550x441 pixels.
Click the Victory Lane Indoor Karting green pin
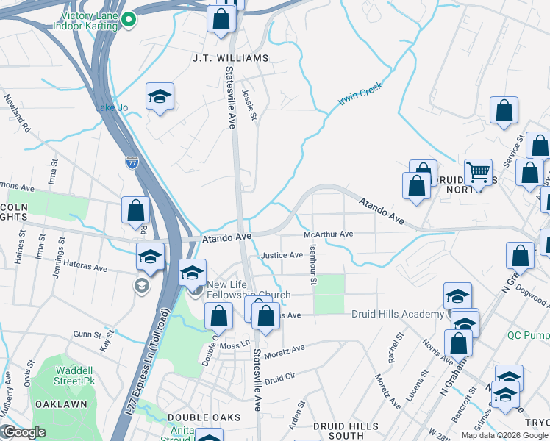(129, 20)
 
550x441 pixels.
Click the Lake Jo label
(111, 107)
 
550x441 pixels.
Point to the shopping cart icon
(478, 173)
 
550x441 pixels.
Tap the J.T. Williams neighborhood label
(220, 57)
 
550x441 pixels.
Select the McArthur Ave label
(329, 234)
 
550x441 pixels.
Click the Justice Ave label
(283, 255)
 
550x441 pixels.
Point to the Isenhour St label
(312, 265)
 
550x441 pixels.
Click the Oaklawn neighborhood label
(63, 404)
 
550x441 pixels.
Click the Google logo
(24, 432)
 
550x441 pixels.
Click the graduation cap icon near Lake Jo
(160, 96)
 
